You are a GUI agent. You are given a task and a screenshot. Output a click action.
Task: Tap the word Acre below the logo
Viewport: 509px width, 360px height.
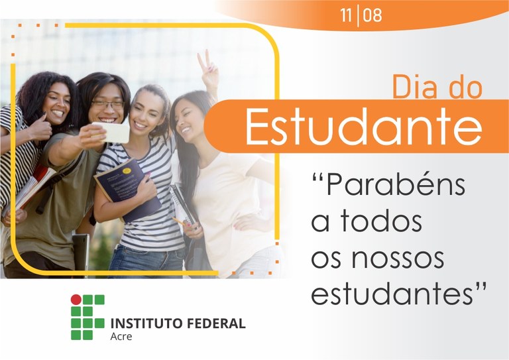121,337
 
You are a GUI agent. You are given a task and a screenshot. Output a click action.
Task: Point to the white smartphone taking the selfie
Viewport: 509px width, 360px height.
114,132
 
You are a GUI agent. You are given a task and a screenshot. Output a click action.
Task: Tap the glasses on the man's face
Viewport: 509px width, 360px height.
108,105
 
